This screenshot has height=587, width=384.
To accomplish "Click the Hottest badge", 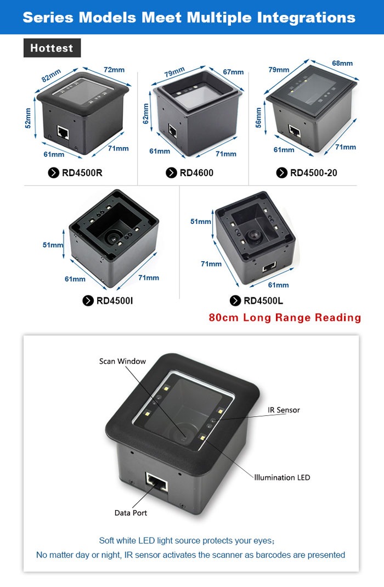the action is [x=52, y=48].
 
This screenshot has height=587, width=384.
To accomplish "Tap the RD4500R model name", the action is [x=82, y=173].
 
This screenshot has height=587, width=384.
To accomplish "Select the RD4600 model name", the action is [x=196, y=173].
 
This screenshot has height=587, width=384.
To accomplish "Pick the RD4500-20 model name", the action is [x=314, y=173].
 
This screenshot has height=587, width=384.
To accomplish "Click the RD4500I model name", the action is [x=115, y=301].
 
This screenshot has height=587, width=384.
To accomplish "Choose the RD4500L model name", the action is [x=263, y=301].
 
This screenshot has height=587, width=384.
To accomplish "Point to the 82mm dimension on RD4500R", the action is [x=51, y=76].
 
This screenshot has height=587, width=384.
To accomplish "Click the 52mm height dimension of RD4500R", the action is [x=28, y=118].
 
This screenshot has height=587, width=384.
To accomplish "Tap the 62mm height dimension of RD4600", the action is [x=145, y=114].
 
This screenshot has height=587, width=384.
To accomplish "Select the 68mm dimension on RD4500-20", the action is [x=342, y=63].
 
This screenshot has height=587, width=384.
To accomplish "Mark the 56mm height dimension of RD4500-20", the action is [x=258, y=118].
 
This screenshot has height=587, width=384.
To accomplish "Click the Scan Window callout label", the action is [x=122, y=362].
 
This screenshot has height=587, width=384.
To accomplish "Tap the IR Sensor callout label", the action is [x=284, y=410].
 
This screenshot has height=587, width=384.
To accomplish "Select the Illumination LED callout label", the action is [x=282, y=477].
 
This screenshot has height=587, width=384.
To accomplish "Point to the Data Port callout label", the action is [x=131, y=513].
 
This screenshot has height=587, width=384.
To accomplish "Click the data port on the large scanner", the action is [x=156, y=483].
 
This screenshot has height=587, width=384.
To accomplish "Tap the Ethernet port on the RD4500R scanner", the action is [x=63, y=133].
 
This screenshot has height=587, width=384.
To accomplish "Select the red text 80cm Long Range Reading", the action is [x=285, y=318].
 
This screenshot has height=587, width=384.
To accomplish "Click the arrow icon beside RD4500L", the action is [x=235, y=301].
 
